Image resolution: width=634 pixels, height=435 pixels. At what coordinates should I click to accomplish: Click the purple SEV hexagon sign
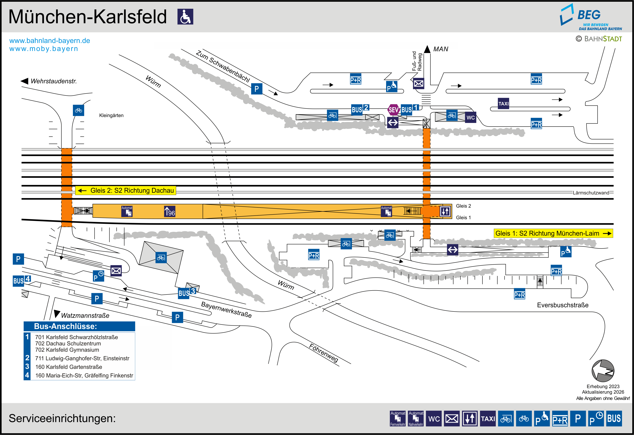click(393, 110)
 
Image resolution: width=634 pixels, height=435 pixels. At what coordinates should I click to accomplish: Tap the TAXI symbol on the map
click(503, 104)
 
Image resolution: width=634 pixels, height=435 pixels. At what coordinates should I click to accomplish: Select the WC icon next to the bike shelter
click(470, 117)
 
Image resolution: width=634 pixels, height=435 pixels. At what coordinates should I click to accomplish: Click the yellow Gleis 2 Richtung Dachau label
click(126, 190)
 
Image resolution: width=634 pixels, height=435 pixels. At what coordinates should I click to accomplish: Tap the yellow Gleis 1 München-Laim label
click(553, 233)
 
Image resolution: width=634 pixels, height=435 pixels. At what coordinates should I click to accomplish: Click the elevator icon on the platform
click(445, 211)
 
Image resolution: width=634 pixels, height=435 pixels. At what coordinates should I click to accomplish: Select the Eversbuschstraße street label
click(562, 305)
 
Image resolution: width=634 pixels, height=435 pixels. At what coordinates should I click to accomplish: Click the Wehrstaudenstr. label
click(53, 81)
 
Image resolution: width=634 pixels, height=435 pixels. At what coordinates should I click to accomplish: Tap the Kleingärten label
click(111, 115)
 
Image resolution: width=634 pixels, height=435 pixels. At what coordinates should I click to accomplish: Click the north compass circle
click(603, 371)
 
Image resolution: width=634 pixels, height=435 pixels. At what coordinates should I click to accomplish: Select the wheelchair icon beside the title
click(185, 17)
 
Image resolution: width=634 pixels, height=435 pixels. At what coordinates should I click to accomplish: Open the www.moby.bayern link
click(44, 49)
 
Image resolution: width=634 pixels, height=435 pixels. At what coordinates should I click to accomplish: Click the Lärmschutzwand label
click(591, 193)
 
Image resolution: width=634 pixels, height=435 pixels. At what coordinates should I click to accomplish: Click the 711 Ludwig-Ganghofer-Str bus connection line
click(82, 358)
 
